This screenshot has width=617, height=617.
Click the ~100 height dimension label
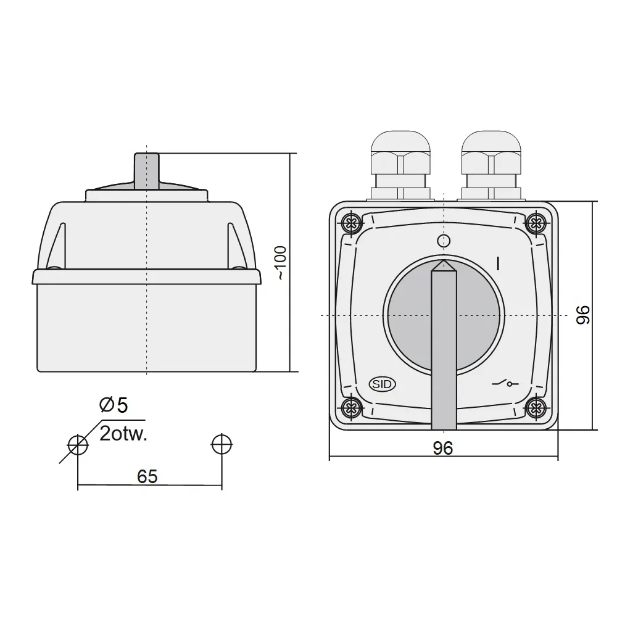(280, 263)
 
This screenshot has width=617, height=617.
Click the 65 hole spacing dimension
(148, 476)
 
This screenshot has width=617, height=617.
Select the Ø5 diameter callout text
(114, 405)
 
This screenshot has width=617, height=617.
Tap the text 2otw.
(123, 434)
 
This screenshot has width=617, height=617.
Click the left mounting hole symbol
(77, 444)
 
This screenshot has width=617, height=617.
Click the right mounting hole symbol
(221, 444)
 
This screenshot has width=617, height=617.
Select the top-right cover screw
(536, 222)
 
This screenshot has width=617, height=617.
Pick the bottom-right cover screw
(536, 406)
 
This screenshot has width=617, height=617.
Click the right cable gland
(491, 163)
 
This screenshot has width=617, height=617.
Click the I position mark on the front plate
(498, 263)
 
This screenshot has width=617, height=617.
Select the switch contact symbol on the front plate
(505, 384)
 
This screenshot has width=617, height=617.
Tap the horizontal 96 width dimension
(443, 449)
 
